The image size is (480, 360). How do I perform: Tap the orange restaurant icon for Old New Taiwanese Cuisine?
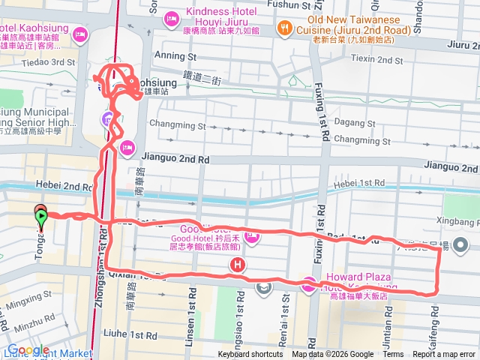(x=284, y=29)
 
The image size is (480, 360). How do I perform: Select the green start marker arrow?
(x=40, y=218)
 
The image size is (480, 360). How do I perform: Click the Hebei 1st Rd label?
(x=358, y=182)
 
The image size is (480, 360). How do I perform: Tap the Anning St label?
(x=174, y=55)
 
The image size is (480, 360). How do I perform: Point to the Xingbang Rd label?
(x=457, y=223)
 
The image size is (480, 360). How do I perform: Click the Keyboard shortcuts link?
(x=250, y=355)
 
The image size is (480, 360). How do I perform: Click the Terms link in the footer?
(x=393, y=355)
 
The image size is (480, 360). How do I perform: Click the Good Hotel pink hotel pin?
(x=251, y=239)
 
